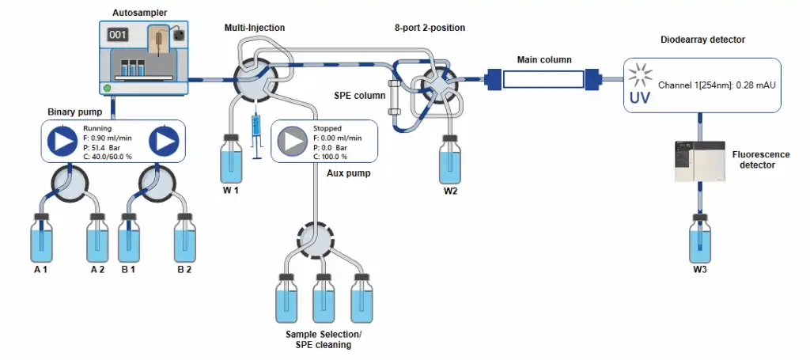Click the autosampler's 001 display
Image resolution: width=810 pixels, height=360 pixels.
(x=118, y=35)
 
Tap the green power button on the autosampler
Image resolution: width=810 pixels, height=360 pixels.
(x=107, y=87)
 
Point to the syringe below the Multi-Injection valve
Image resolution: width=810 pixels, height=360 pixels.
(x=255, y=135)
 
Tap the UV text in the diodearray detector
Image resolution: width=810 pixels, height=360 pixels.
(x=640, y=99)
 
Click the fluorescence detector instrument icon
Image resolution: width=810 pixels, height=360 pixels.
(x=698, y=161)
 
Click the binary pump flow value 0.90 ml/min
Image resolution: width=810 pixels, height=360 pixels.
(x=110, y=137)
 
